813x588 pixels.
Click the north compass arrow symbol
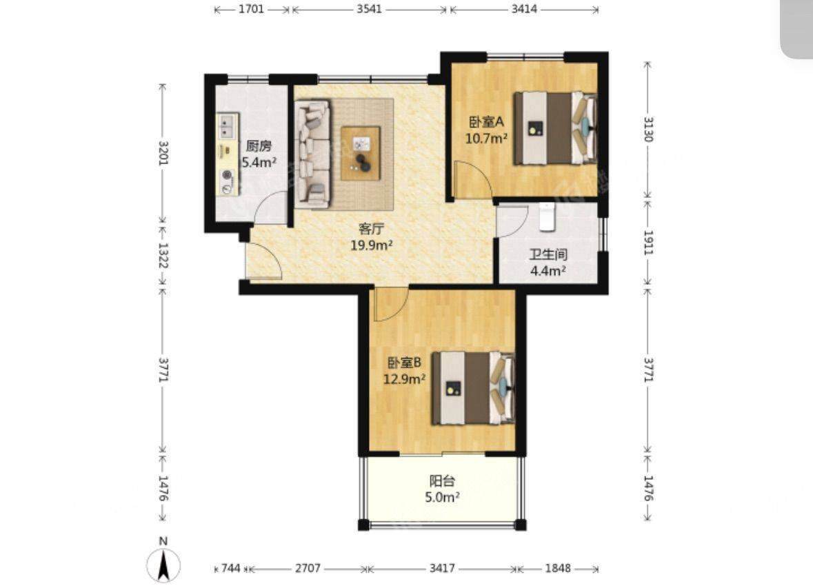coord(163,565)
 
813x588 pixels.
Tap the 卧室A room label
coord(486,123)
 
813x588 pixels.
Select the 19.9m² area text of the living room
coord(372,245)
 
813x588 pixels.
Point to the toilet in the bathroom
coord(547,216)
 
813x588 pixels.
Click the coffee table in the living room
coord(361,154)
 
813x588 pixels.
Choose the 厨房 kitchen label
coord(259,146)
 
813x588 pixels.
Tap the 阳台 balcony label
coord(442,480)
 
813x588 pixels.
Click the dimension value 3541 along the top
coord(369,9)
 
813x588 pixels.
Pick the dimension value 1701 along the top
coord(252,9)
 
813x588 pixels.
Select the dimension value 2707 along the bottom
coord(308,568)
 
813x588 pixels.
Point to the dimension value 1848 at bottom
coord(558,568)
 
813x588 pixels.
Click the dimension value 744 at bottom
coord(231,568)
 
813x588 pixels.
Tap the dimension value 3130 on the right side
coord(648,129)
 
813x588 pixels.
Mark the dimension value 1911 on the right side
coord(648,242)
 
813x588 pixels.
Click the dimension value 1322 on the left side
coord(163,255)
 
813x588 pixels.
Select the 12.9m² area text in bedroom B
coord(404,379)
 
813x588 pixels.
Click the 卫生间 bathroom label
coord(548,254)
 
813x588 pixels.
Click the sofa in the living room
coord(312,154)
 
